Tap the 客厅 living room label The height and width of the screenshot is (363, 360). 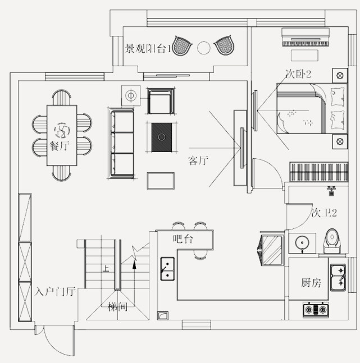(x=198, y=161)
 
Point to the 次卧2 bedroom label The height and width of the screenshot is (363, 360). (x=298, y=73)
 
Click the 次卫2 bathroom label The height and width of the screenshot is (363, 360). (x=324, y=213)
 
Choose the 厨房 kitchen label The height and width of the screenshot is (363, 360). (x=311, y=282)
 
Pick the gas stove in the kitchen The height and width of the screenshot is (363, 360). (x=316, y=309)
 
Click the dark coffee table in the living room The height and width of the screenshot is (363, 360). (x=162, y=137)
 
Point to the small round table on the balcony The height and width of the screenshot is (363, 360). (x=204, y=48)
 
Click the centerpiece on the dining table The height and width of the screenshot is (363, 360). (x=61, y=130)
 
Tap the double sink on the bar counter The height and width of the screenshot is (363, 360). (x=167, y=268)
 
